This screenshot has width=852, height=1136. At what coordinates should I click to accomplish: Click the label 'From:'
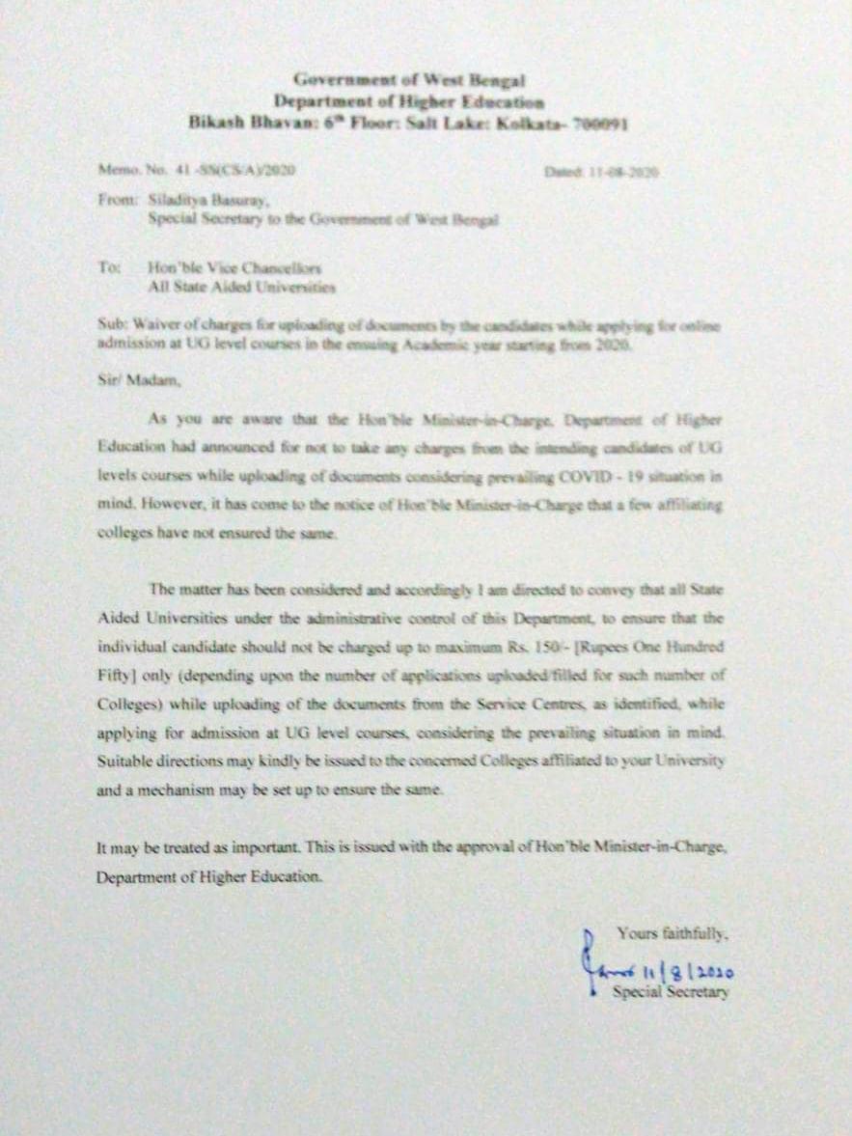115,202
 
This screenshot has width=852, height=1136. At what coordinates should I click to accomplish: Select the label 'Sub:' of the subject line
112,328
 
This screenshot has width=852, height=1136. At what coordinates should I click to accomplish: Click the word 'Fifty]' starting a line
122,678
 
